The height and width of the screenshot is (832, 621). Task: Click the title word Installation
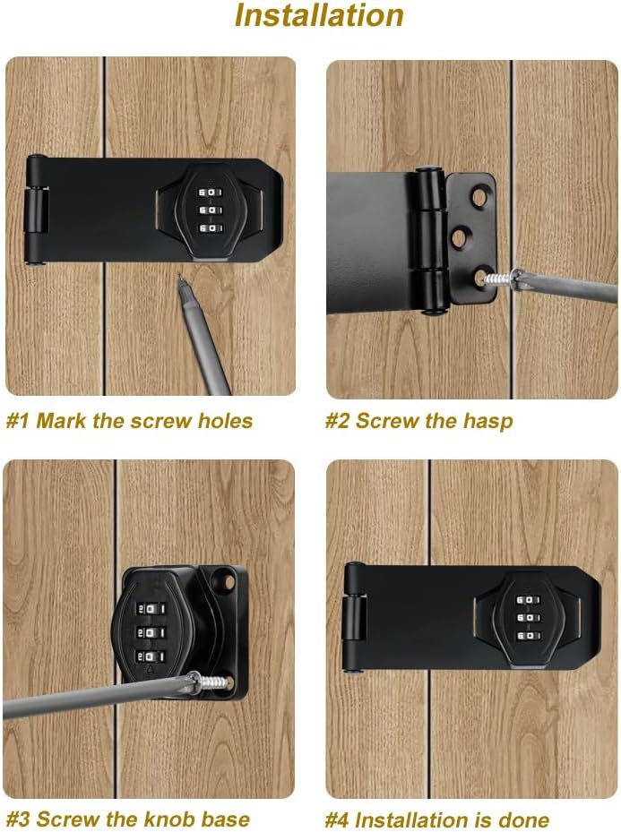click(318, 16)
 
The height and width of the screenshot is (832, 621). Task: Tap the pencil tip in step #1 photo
click(180, 278)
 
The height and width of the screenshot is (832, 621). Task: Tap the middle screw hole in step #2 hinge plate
click(460, 236)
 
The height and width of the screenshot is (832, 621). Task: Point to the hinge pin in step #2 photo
click(433, 238)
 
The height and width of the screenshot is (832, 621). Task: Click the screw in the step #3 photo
click(211, 682)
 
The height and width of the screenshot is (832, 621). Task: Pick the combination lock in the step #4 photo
click(529, 618)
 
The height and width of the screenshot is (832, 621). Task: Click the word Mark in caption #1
click(61, 421)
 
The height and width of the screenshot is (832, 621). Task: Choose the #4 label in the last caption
click(337, 819)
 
